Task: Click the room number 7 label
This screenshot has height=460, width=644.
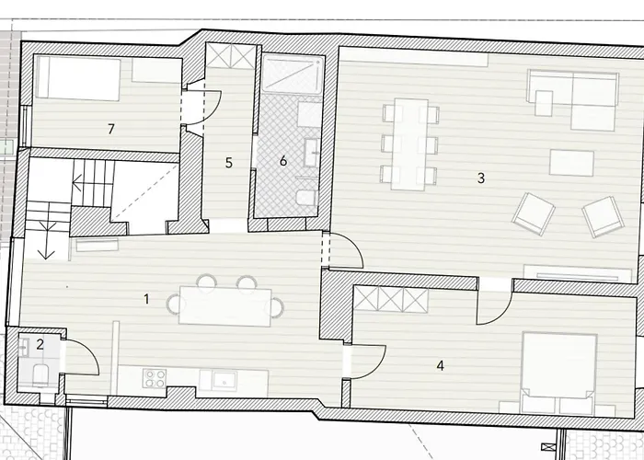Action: (111, 129)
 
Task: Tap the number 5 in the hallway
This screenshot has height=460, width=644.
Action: (229, 163)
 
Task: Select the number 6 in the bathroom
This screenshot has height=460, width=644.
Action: (283, 161)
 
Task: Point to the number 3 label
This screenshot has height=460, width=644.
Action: (481, 178)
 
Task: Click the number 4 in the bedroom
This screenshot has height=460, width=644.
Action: (441, 365)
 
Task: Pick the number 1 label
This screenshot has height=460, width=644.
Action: (146, 299)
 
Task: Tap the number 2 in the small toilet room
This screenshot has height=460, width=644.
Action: (40, 344)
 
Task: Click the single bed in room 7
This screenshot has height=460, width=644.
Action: (78, 78)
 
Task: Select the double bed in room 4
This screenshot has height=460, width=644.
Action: (558, 373)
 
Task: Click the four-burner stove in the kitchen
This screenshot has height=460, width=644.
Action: (155, 378)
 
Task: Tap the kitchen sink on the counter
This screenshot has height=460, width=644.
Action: (224, 380)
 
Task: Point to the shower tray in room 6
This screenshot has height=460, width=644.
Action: (293, 75)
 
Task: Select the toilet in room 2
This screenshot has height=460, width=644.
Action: (40, 374)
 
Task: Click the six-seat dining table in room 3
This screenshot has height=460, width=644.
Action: (409, 144)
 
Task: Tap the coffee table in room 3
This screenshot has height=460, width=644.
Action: (571, 163)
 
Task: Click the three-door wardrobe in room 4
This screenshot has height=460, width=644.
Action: (391, 299)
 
